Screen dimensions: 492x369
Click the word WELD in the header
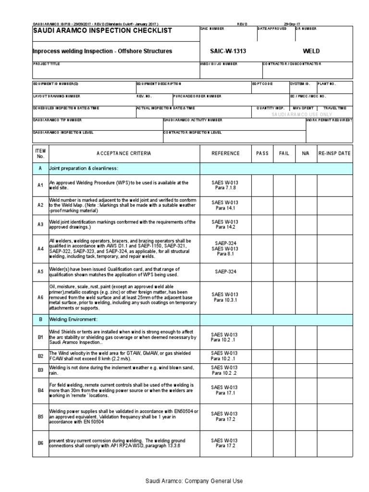312,51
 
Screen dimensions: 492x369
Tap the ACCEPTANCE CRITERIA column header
123,153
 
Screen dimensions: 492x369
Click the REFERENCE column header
225,153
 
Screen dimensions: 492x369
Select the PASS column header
262,153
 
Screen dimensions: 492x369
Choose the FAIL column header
284,153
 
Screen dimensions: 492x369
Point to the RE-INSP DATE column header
334,153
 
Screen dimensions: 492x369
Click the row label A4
41,249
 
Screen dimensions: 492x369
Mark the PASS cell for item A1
262,185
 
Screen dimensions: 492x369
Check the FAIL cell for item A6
284,297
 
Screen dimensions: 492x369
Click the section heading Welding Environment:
74,319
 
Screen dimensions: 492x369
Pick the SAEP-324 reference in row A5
225,271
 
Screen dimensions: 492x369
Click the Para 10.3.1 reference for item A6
225,300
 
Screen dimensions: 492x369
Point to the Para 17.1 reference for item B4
225,393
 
